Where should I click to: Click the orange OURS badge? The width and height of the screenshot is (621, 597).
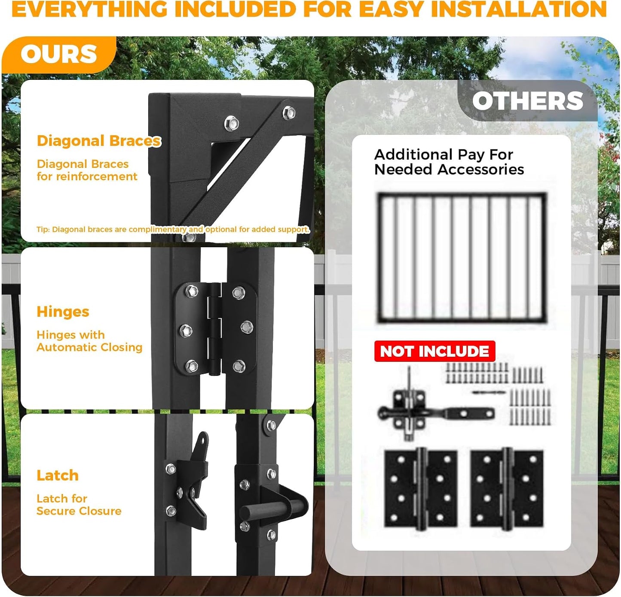pyautogui.click(x=59, y=54)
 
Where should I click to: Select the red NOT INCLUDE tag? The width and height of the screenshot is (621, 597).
pyautogui.click(x=434, y=351)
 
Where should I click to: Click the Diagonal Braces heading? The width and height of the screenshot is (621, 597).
pyautogui.click(x=98, y=141)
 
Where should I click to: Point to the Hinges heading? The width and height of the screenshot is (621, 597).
pyautogui.click(x=63, y=312)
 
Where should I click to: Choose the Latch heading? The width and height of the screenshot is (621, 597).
pyautogui.click(x=58, y=476)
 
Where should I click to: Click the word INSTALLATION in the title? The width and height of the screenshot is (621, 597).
pyautogui.click(x=519, y=9)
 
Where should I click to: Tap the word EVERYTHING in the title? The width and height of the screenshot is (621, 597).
pyautogui.click(x=89, y=9)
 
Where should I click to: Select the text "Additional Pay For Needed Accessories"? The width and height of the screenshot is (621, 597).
pyautogui.click(x=449, y=162)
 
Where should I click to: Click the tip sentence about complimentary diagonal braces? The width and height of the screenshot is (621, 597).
pyautogui.click(x=173, y=230)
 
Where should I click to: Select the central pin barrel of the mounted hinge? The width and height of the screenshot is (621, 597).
pyautogui.click(x=215, y=329)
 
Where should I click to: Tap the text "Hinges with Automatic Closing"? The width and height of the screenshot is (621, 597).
pyautogui.click(x=89, y=341)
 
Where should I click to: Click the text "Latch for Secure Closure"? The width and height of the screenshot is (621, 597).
pyautogui.click(x=79, y=505)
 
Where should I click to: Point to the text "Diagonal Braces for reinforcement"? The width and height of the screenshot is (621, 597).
pyautogui.click(x=87, y=170)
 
